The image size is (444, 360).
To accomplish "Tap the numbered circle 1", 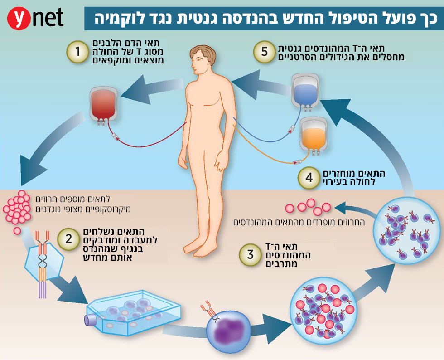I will [x=77, y=52].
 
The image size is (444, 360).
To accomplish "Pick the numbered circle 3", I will [x=250, y=255].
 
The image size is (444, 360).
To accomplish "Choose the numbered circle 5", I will [x=264, y=52].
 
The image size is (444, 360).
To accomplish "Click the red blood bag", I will [x=103, y=105].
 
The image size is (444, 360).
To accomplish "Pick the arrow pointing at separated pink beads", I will [x=352, y=209].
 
